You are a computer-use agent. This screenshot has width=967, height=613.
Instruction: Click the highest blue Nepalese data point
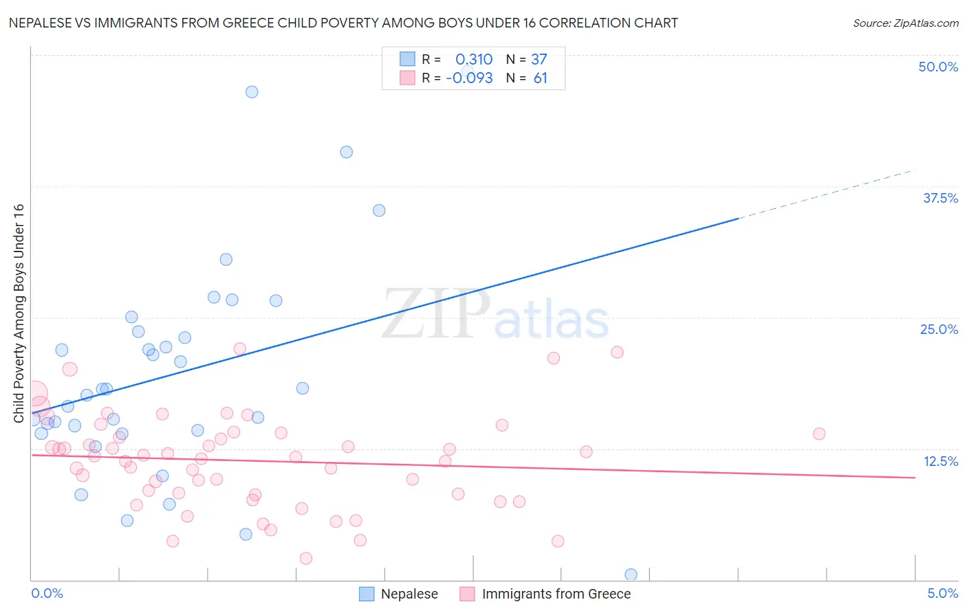[x=252, y=92]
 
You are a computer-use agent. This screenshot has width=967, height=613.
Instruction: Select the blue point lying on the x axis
[x=631, y=575]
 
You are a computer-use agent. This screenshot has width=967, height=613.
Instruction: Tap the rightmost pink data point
[x=818, y=434]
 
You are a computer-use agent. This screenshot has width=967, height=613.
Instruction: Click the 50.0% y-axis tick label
[x=938, y=67]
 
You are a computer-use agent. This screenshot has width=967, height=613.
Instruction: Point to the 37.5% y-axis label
[x=940, y=198]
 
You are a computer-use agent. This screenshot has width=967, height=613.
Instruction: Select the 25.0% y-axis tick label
[x=939, y=329]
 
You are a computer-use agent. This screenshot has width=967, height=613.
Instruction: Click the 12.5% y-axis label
[x=940, y=461]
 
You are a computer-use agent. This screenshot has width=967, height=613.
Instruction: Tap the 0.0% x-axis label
[x=47, y=593]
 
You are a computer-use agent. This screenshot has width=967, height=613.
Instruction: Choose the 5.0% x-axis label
[x=942, y=593]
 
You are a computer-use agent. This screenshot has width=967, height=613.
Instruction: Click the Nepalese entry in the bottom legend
[x=409, y=594]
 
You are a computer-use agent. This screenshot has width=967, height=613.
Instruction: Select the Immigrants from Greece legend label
[x=556, y=594]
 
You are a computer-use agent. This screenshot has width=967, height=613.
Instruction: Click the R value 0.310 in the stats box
[x=474, y=60]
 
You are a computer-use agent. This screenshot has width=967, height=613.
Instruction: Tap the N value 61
[x=541, y=78]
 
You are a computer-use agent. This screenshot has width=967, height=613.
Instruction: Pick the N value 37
[x=539, y=60]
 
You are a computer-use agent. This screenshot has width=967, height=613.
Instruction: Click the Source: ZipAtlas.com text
[x=905, y=23]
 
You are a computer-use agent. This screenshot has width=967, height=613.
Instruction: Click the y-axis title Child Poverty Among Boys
[x=19, y=313]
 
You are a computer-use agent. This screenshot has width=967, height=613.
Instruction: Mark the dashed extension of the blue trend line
[x=825, y=194]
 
